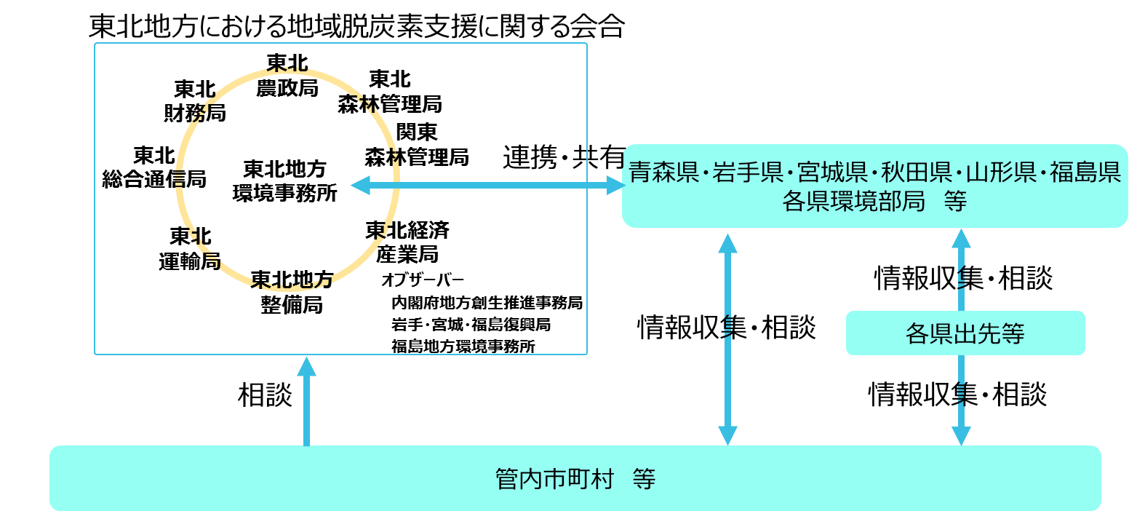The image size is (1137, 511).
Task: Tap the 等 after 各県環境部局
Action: [x=955, y=202]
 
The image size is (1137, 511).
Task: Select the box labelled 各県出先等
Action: [x=965, y=333]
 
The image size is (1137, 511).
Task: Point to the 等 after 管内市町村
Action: [x=644, y=479]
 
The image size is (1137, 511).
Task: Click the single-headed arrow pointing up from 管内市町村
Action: [x=306, y=400]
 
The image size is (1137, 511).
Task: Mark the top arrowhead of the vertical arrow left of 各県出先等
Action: [x=727, y=243]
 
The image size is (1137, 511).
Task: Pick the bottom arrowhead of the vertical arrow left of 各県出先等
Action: [x=727, y=435]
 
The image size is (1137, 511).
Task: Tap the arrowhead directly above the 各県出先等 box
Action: [x=962, y=239]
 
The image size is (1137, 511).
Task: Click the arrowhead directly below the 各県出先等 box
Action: [x=962, y=435]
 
